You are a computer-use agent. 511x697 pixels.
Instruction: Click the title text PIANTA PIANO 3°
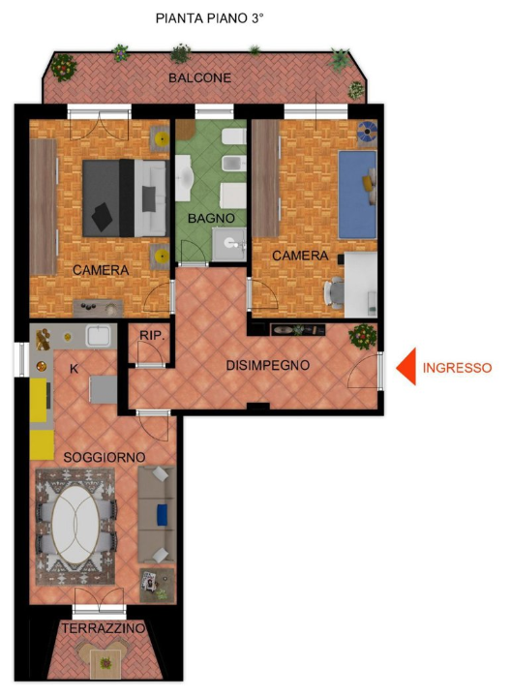209,18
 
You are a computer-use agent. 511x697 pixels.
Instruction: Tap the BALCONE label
199,77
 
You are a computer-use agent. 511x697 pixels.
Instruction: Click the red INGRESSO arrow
407,367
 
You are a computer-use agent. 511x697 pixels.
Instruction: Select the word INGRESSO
458,368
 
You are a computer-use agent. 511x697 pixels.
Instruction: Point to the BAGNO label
211,220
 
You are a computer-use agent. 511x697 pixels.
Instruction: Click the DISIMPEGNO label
267,365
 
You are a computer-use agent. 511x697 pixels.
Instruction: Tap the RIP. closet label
150,335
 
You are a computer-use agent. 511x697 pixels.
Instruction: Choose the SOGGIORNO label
104,456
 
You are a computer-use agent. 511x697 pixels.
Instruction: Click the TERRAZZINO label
104,629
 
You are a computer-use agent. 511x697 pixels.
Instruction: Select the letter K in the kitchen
74,369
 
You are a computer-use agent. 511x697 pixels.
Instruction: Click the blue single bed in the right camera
357,193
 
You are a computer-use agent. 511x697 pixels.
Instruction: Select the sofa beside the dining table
156,513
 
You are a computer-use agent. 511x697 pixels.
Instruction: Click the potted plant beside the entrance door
363,336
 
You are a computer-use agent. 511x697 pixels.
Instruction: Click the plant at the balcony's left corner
64,66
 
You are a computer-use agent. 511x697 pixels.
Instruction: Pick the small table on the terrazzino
105,663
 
